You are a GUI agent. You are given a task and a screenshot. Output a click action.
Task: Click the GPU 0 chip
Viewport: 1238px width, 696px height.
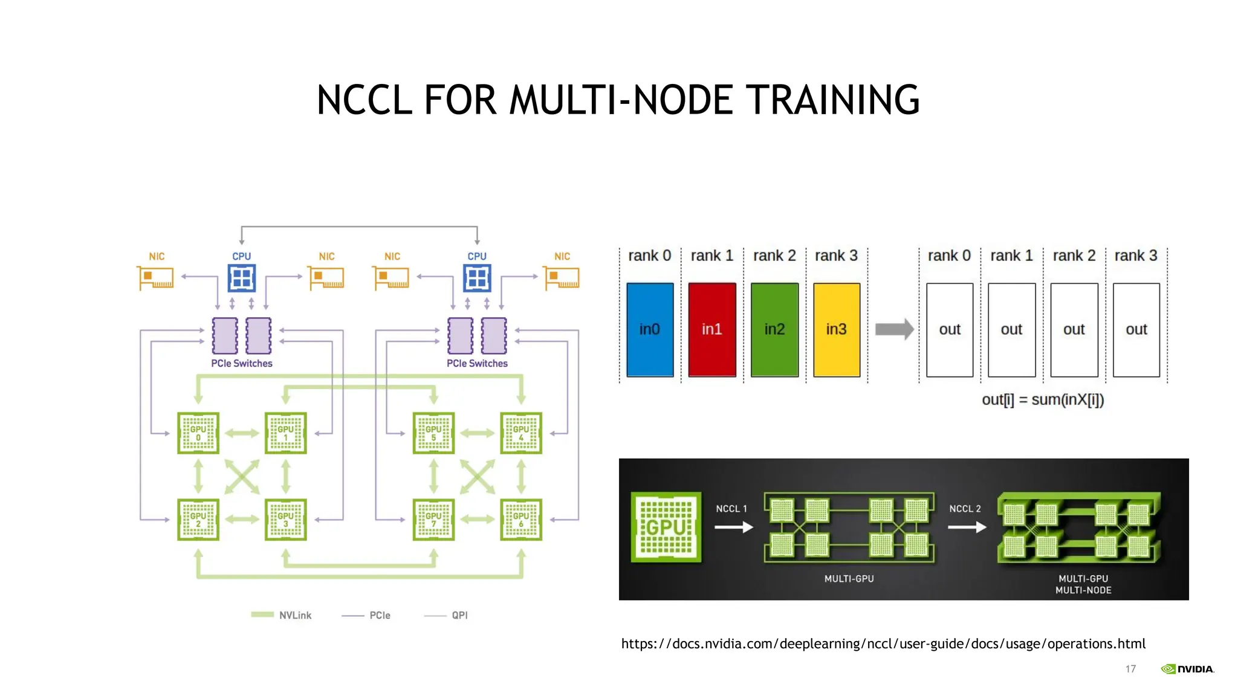point(198,433)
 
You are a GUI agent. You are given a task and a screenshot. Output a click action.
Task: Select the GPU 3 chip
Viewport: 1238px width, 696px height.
point(286,520)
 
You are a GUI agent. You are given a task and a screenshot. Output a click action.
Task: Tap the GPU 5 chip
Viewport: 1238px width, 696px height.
point(433,433)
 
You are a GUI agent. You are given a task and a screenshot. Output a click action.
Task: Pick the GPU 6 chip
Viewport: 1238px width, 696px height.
point(521,520)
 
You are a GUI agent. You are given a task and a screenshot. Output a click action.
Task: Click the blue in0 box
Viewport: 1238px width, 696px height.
point(650,330)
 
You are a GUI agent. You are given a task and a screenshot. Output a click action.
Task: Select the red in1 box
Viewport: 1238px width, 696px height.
point(712,330)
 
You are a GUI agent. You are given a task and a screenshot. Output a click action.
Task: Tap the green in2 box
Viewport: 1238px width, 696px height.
point(774,330)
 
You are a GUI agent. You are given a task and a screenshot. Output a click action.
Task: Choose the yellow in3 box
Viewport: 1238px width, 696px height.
point(837,330)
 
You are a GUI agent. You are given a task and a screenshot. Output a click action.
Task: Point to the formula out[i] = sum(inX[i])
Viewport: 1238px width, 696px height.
point(1043,400)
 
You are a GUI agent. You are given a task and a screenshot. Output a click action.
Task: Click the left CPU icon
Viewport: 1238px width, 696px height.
point(242,279)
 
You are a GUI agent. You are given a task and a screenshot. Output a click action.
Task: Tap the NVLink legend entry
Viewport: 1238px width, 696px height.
point(282,615)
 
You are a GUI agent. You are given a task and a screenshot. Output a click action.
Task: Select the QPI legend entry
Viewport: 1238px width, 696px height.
point(447,615)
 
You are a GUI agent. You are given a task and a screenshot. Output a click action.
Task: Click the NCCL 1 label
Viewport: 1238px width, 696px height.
point(731,509)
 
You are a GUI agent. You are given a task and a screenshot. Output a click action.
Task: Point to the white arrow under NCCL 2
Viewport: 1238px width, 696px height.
point(967,527)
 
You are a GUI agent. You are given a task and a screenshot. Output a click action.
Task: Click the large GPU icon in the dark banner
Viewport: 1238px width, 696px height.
point(666,527)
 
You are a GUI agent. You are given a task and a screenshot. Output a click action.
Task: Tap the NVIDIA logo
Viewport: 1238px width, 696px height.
point(1187,669)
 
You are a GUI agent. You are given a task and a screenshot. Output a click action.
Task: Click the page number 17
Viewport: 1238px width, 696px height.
point(1130,669)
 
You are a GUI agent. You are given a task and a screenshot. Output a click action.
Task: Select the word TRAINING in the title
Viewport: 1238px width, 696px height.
point(832,100)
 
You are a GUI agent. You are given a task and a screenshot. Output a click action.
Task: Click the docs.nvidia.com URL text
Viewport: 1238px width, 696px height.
point(883,644)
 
